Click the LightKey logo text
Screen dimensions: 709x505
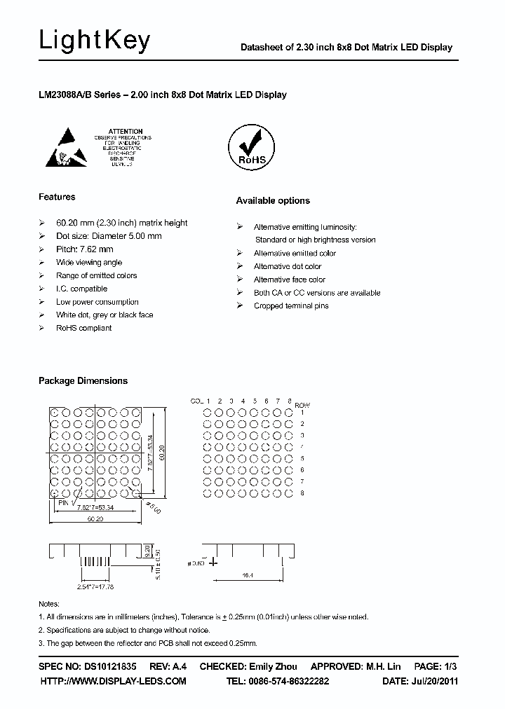click(95, 42)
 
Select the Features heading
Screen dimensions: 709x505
click(57, 197)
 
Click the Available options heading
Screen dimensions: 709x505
click(273, 200)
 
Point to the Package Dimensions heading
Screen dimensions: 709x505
click(83, 380)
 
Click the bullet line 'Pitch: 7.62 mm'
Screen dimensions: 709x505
click(85, 249)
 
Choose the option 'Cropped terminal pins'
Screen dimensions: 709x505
click(291, 305)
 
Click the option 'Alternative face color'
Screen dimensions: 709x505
click(290, 280)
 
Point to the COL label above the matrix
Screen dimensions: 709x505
click(197, 401)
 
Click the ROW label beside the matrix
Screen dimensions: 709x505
click(302, 405)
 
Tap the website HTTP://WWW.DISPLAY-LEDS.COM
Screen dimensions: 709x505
click(113, 681)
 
